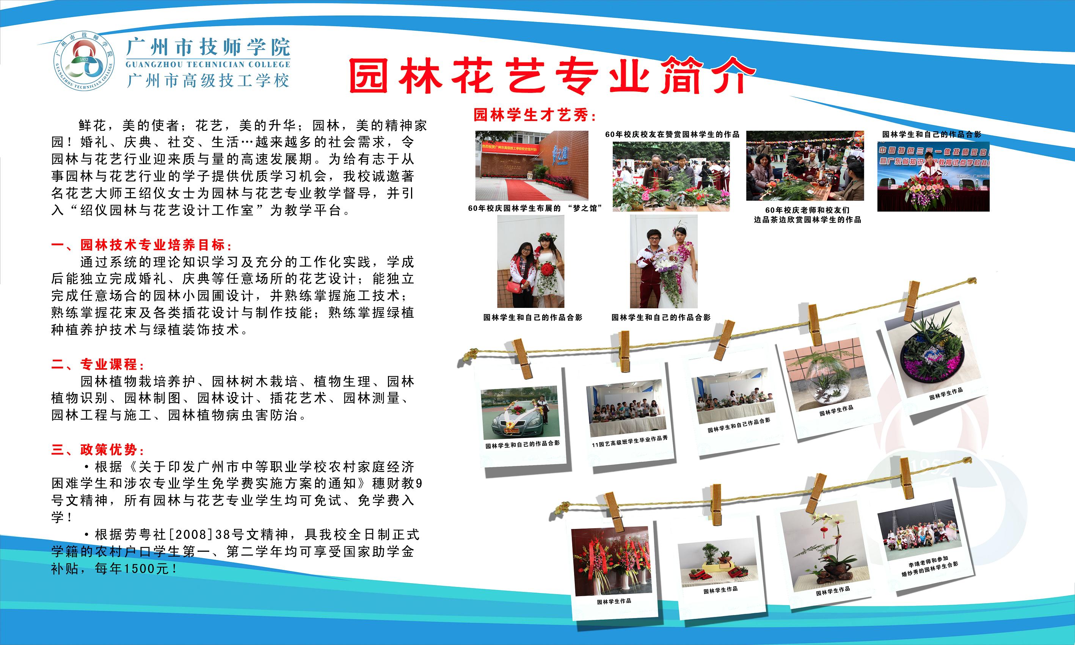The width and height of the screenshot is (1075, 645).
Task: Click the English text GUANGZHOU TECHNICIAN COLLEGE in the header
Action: [x=208, y=65]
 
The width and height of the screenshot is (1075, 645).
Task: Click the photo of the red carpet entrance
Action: [x=532, y=165]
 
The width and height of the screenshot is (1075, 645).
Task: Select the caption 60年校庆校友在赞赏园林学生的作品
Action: [x=672, y=134]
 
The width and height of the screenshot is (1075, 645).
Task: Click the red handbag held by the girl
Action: [x=515, y=286]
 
